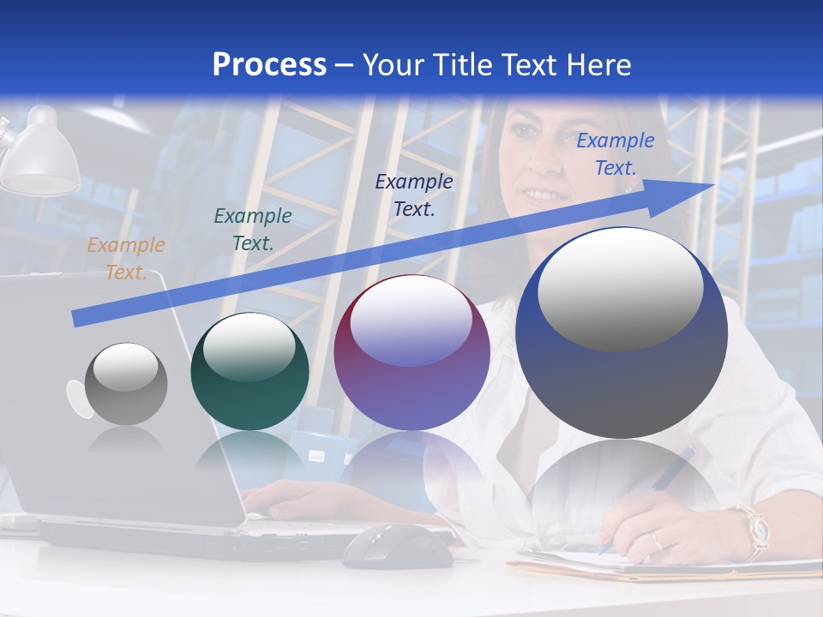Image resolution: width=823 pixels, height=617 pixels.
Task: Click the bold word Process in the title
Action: click(269, 64)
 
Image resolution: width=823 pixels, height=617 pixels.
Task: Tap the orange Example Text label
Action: click(125, 259)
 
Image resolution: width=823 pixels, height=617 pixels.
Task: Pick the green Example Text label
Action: click(252, 230)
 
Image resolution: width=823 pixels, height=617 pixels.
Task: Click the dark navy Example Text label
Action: click(414, 195)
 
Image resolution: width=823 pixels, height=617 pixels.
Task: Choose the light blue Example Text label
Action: click(615, 154)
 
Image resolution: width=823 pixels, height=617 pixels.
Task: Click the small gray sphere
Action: click(126, 384)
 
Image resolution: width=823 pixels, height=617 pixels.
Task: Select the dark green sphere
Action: click(249, 372)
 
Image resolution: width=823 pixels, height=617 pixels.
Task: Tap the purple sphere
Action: click(411, 353)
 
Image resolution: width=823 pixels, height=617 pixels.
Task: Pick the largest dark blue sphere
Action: click(622, 332)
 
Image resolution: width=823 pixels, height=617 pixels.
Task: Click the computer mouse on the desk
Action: click(397, 546)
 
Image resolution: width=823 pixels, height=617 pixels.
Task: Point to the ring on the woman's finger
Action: click(656, 540)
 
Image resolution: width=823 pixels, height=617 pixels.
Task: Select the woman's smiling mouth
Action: click(544, 195)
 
